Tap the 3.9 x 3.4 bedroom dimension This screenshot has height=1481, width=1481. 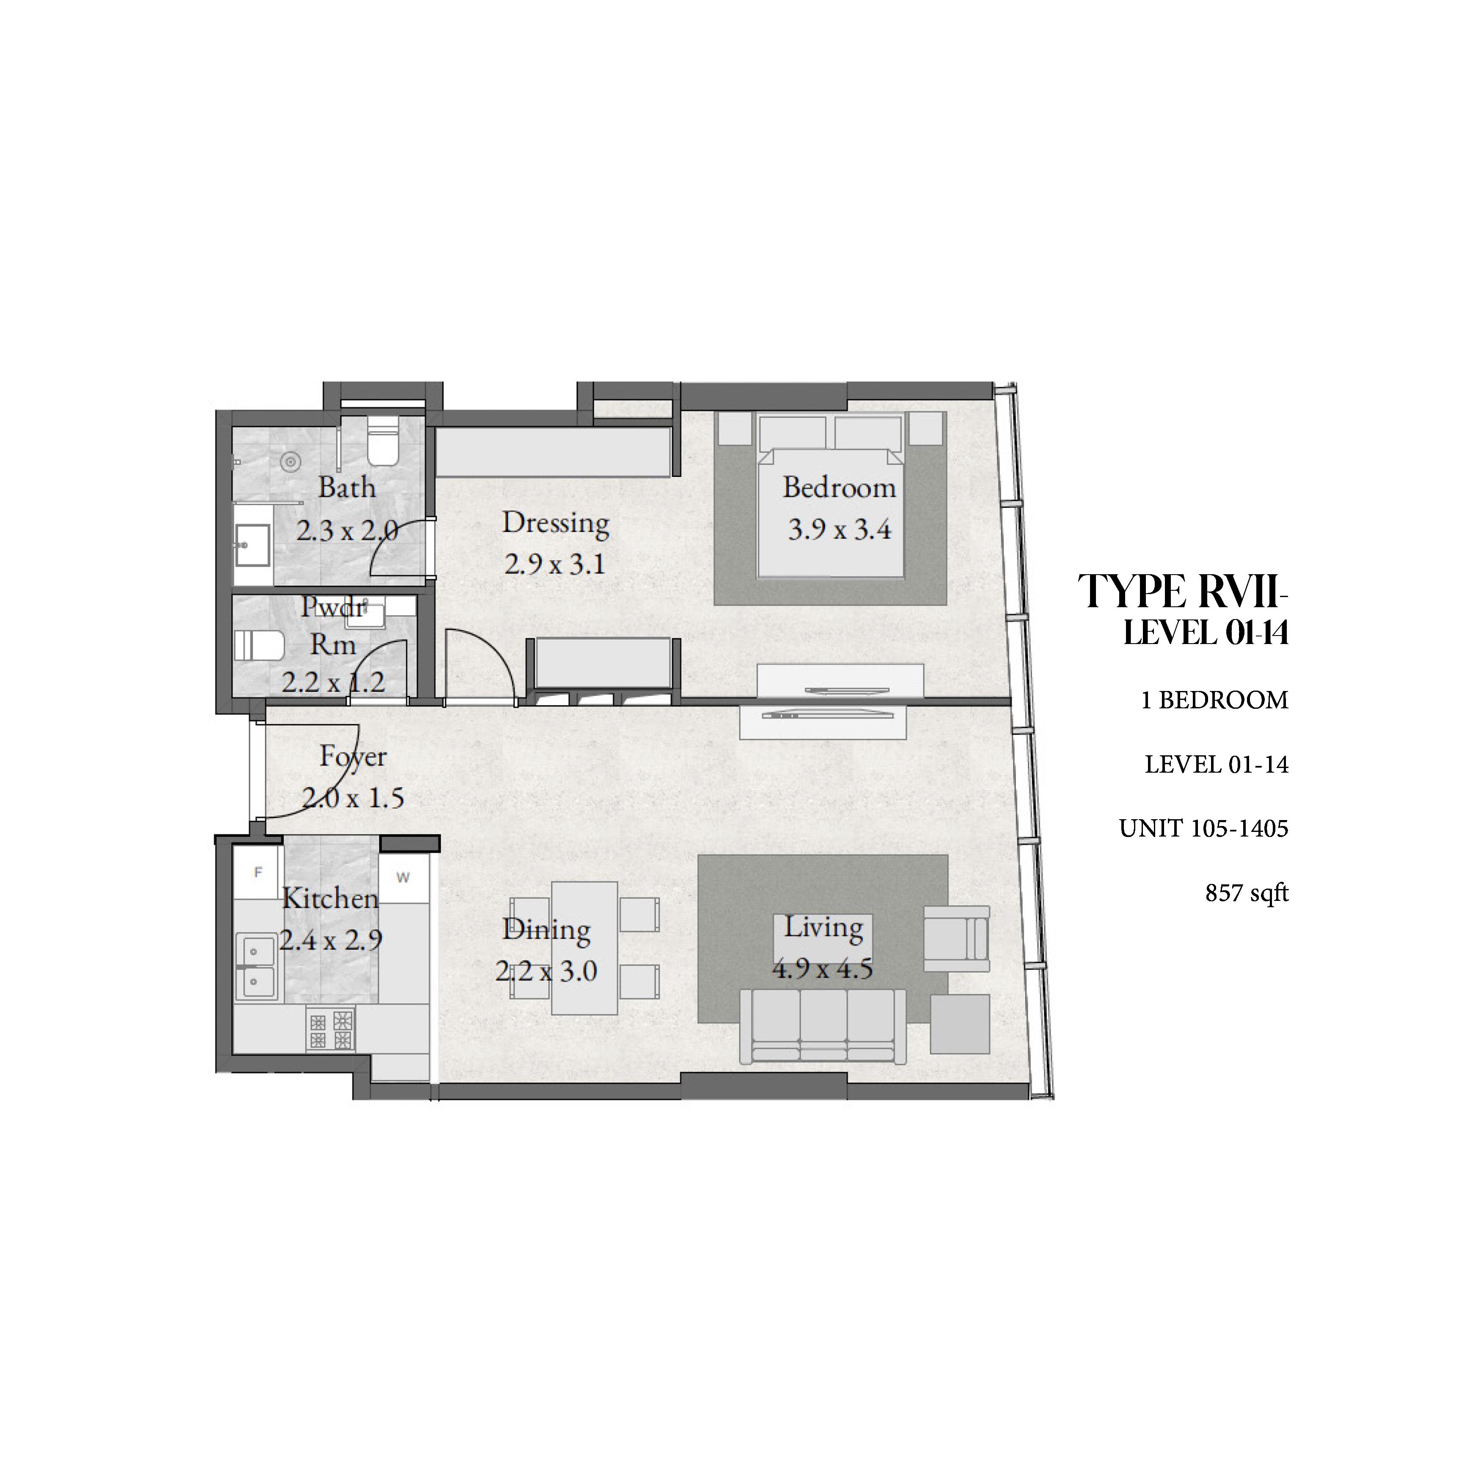pos(840,530)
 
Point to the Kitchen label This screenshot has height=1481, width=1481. pos(330,898)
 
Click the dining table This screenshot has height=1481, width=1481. pos(585,947)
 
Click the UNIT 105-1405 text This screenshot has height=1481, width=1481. pos(1203,829)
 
